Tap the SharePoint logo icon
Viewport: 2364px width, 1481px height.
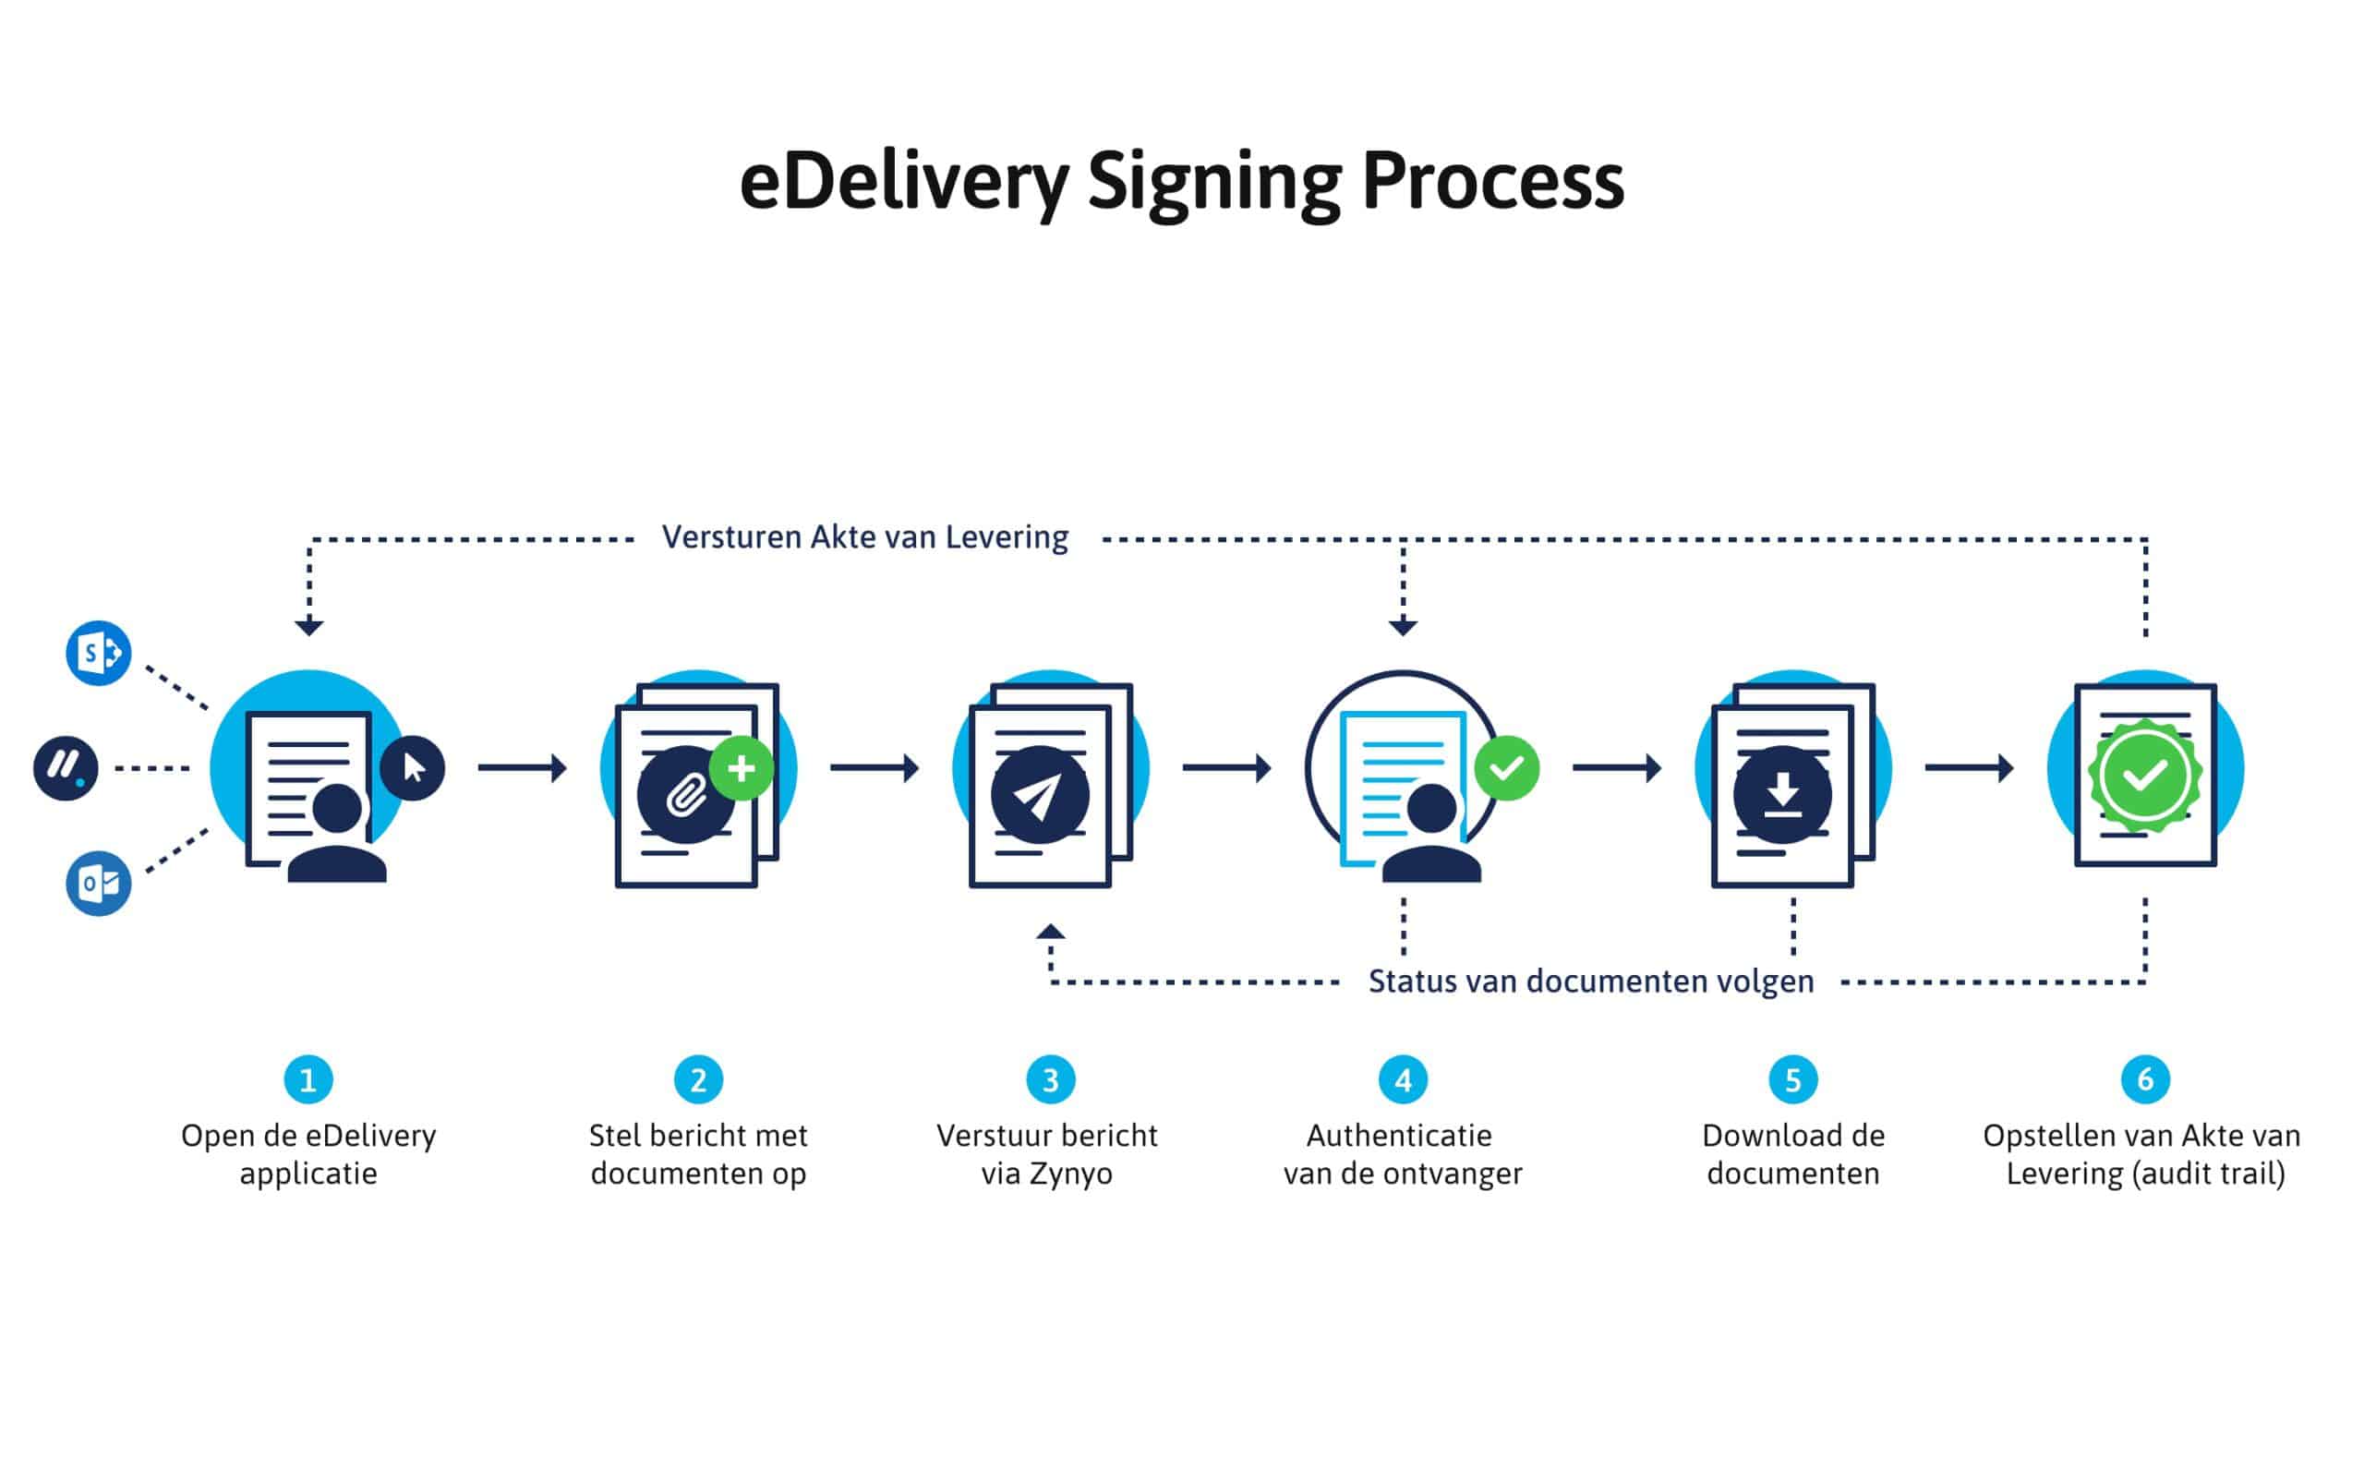tap(98, 653)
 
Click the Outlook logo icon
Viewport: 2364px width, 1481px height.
tap(98, 883)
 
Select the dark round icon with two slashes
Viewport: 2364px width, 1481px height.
tap(66, 768)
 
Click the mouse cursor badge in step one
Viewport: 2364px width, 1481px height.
tap(413, 768)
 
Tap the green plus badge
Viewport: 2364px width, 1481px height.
tap(741, 768)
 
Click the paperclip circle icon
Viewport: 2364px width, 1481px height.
tap(686, 794)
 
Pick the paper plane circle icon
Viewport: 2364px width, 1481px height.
tap(1040, 794)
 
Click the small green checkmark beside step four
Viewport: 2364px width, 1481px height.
tap(1506, 768)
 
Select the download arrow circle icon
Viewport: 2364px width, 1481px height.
tap(1782, 794)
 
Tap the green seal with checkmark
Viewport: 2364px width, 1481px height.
tap(2144, 776)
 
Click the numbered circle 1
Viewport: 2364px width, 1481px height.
tap(308, 1079)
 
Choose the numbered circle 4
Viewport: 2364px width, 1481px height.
tap(1402, 1079)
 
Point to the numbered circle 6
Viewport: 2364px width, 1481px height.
tap(2144, 1079)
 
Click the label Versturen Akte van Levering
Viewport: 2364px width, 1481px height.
tap(864, 537)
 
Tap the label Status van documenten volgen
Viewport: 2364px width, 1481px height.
tap(1590, 981)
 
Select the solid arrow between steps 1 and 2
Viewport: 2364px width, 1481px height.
tap(522, 768)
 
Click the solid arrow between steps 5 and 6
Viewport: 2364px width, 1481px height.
tap(1969, 768)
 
